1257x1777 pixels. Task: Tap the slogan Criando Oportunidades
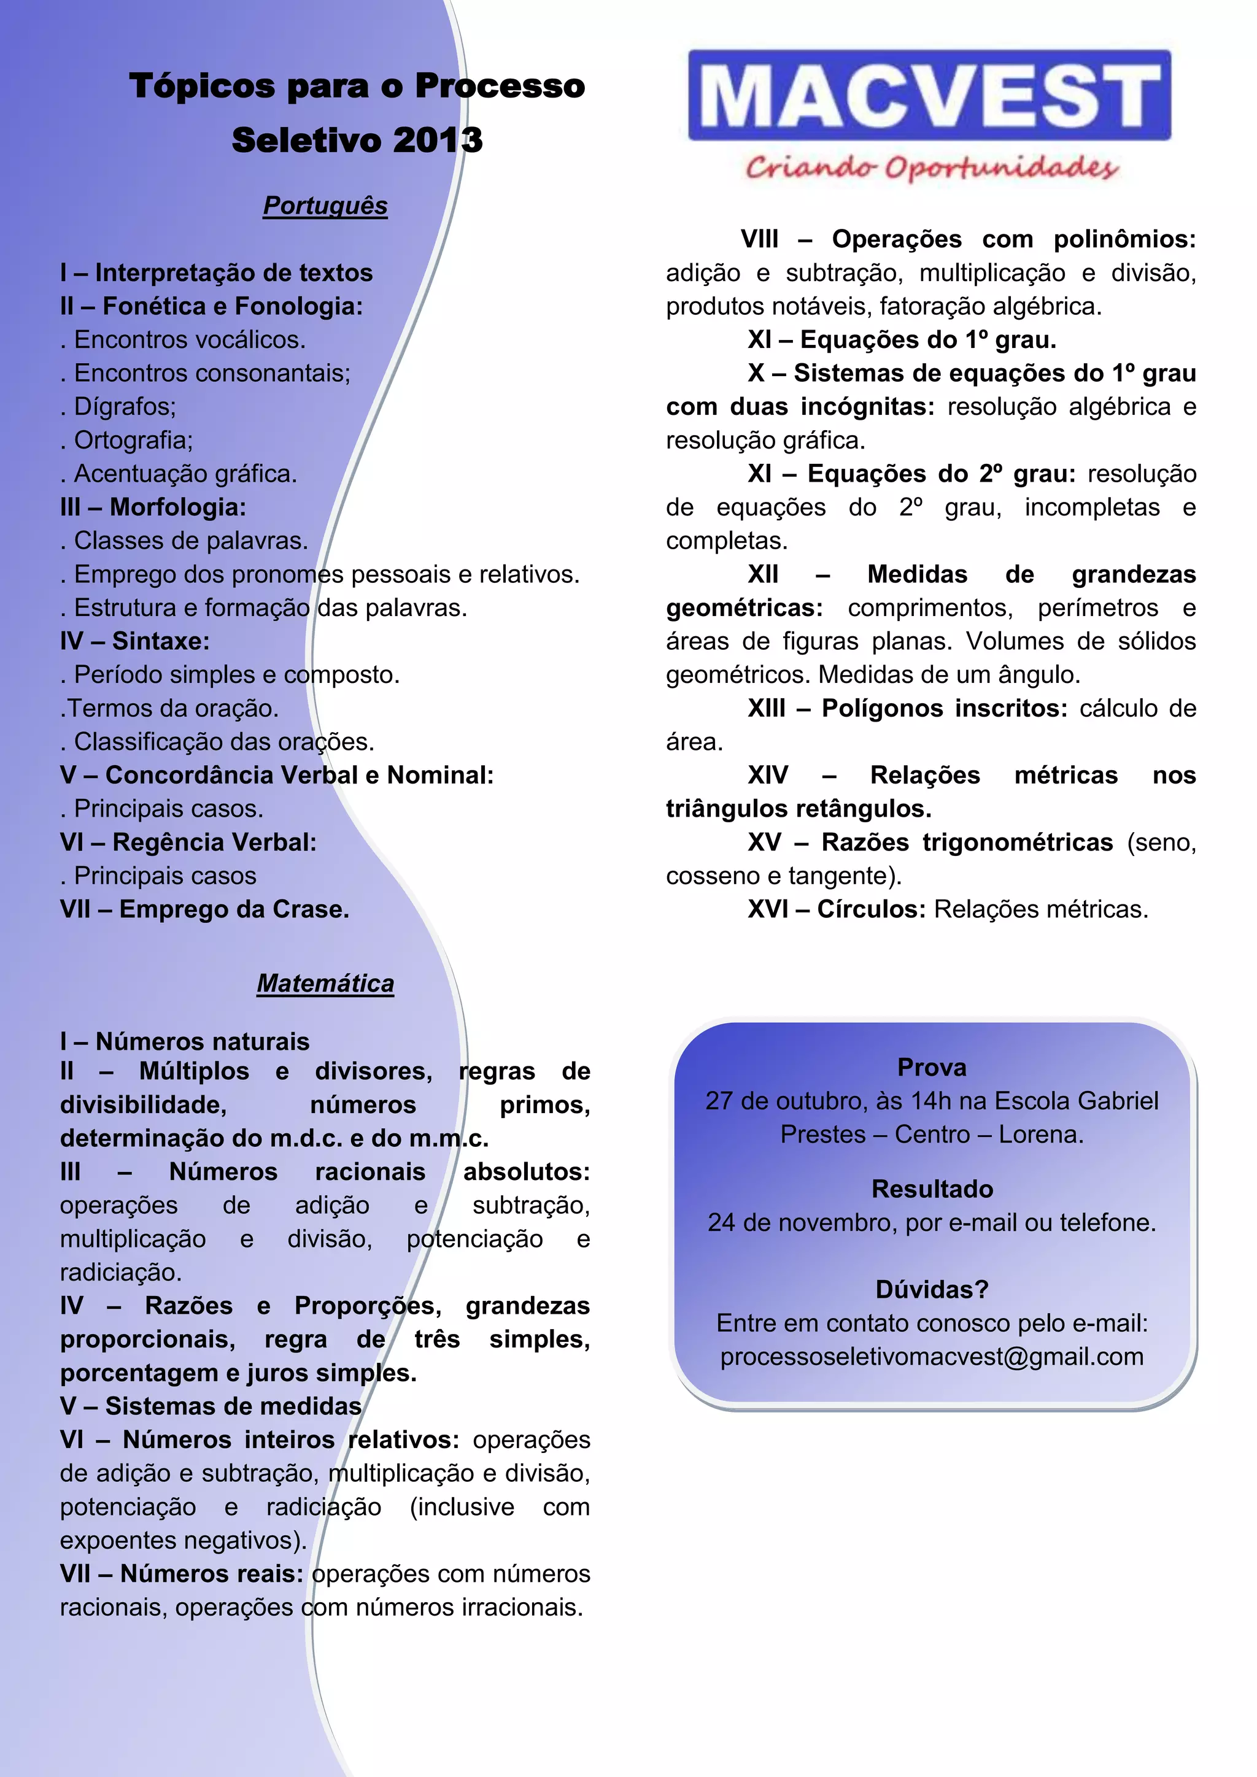point(931,167)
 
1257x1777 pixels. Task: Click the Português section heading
point(325,206)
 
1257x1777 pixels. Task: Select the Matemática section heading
point(325,983)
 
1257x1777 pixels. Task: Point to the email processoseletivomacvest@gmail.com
point(932,1357)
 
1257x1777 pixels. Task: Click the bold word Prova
point(932,1067)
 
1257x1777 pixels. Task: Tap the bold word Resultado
point(932,1189)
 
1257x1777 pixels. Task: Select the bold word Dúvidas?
point(932,1289)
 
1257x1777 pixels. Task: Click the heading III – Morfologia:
point(153,507)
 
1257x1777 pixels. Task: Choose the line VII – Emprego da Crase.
point(204,909)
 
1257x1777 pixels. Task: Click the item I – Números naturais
point(185,1041)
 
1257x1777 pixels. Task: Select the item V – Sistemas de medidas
point(211,1406)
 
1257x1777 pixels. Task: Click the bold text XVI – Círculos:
point(836,909)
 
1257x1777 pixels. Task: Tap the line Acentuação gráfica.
point(184,474)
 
